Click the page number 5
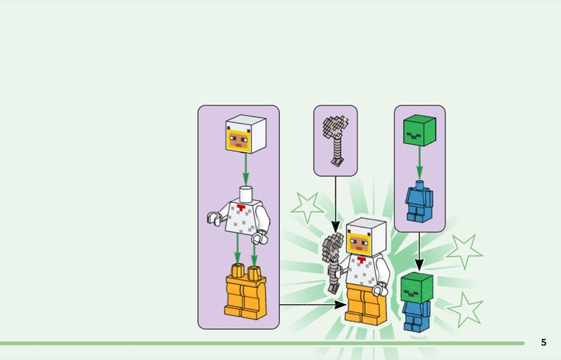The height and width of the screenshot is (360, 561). coord(543,342)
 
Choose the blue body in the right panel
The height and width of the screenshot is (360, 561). coord(419,201)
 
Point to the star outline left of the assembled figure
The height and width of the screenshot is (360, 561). coord(307,207)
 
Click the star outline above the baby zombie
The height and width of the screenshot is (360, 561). coord(464,251)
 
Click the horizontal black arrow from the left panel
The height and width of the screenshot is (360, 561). coord(312,305)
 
